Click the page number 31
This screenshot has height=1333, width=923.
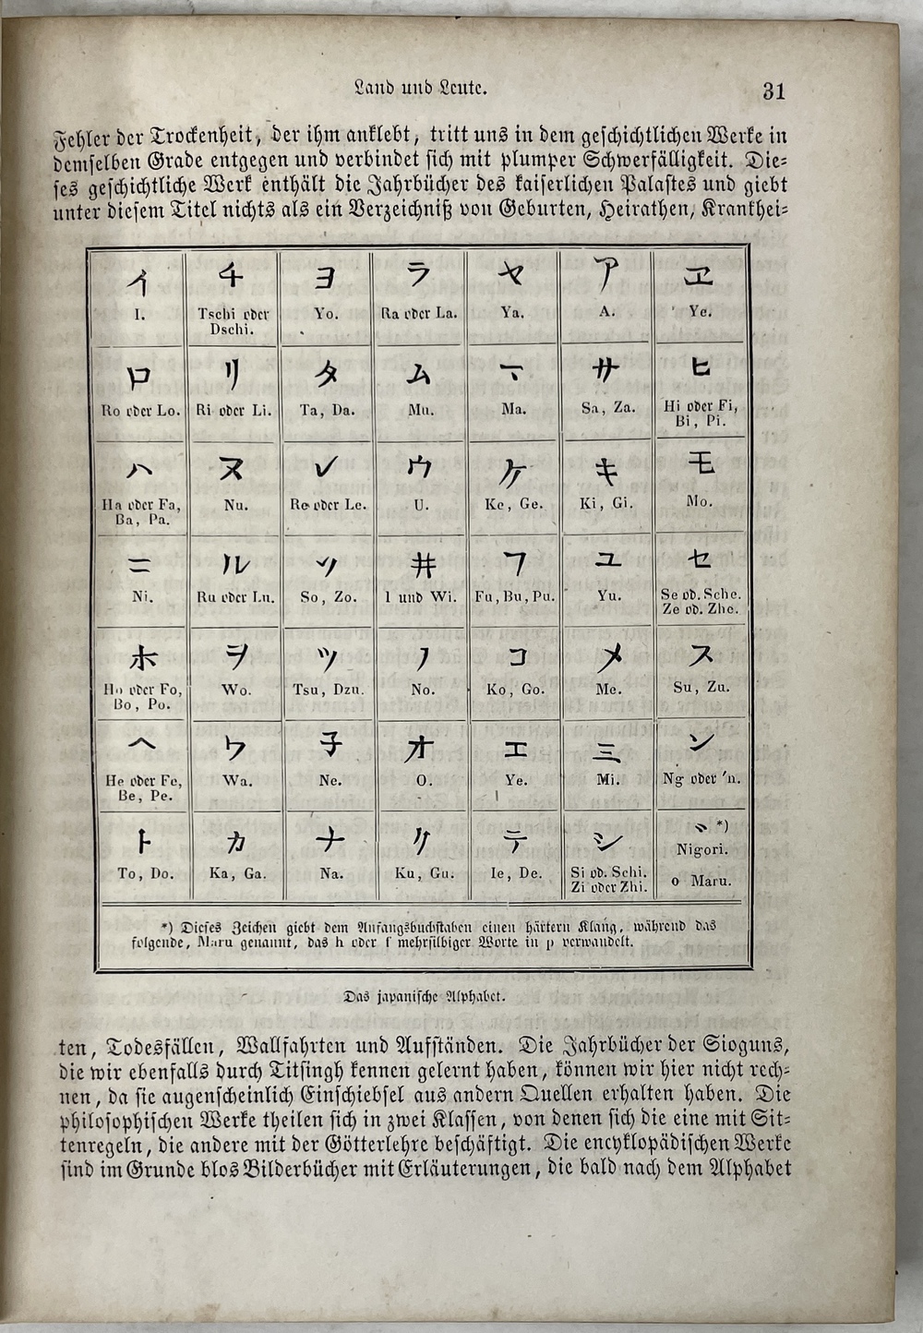click(x=773, y=90)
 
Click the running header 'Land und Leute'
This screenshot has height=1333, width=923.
click(x=421, y=90)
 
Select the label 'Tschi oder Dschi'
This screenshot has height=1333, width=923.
click(x=232, y=321)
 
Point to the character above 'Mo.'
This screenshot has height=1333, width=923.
click(x=701, y=462)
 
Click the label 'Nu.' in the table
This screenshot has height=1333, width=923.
click(x=235, y=505)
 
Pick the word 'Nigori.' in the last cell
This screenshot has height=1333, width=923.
click(x=702, y=850)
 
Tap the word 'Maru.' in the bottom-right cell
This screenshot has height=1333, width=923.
click(x=711, y=881)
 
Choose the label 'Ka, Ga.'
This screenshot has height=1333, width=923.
click(x=236, y=873)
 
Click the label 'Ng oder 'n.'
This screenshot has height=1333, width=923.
click(x=701, y=779)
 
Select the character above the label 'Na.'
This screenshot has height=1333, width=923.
click(x=330, y=840)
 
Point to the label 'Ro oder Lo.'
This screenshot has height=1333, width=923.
click(x=141, y=410)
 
